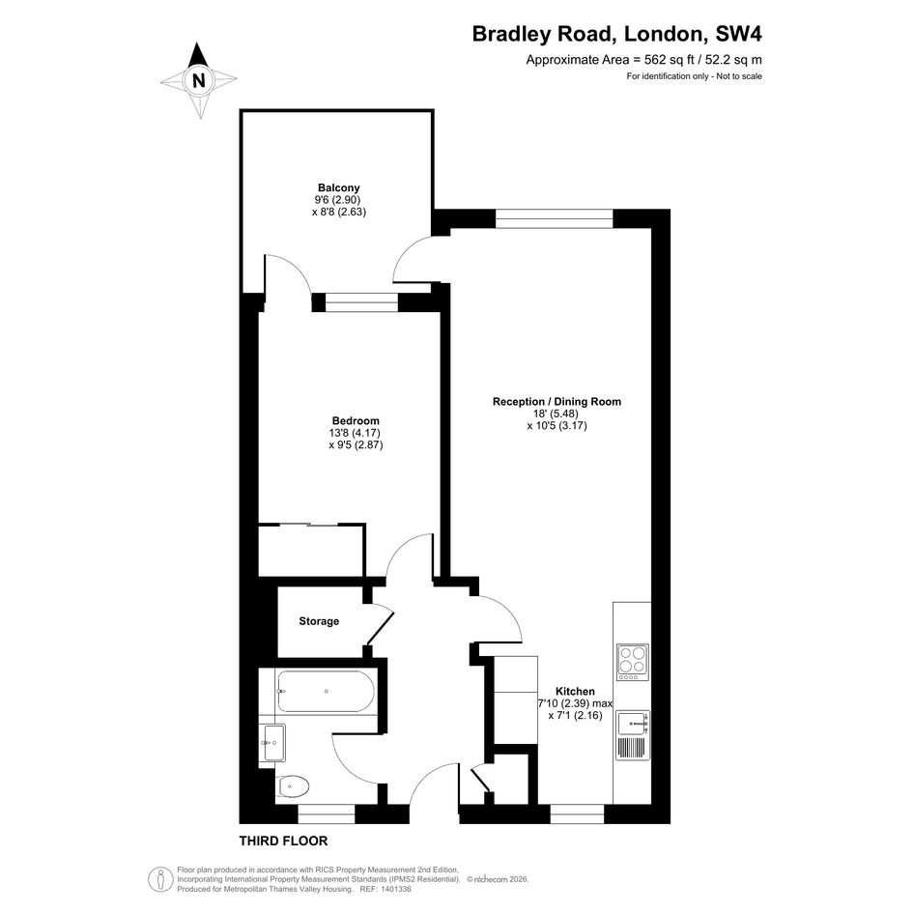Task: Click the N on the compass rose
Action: coord(199,80)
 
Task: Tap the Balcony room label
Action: coord(339,187)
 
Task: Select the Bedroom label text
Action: coord(356,420)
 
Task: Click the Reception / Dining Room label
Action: coord(556,401)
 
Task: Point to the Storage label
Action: coord(319,621)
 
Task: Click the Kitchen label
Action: coord(575,691)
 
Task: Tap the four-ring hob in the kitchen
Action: coord(633,663)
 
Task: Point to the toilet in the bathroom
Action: coord(293,787)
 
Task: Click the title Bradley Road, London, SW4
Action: coord(616,34)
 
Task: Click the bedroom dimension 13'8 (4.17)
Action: coord(355,433)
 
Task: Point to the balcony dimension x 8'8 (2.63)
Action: coord(339,212)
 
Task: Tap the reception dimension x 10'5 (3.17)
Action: coord(557,426)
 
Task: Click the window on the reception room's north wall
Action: coord(555,218)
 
